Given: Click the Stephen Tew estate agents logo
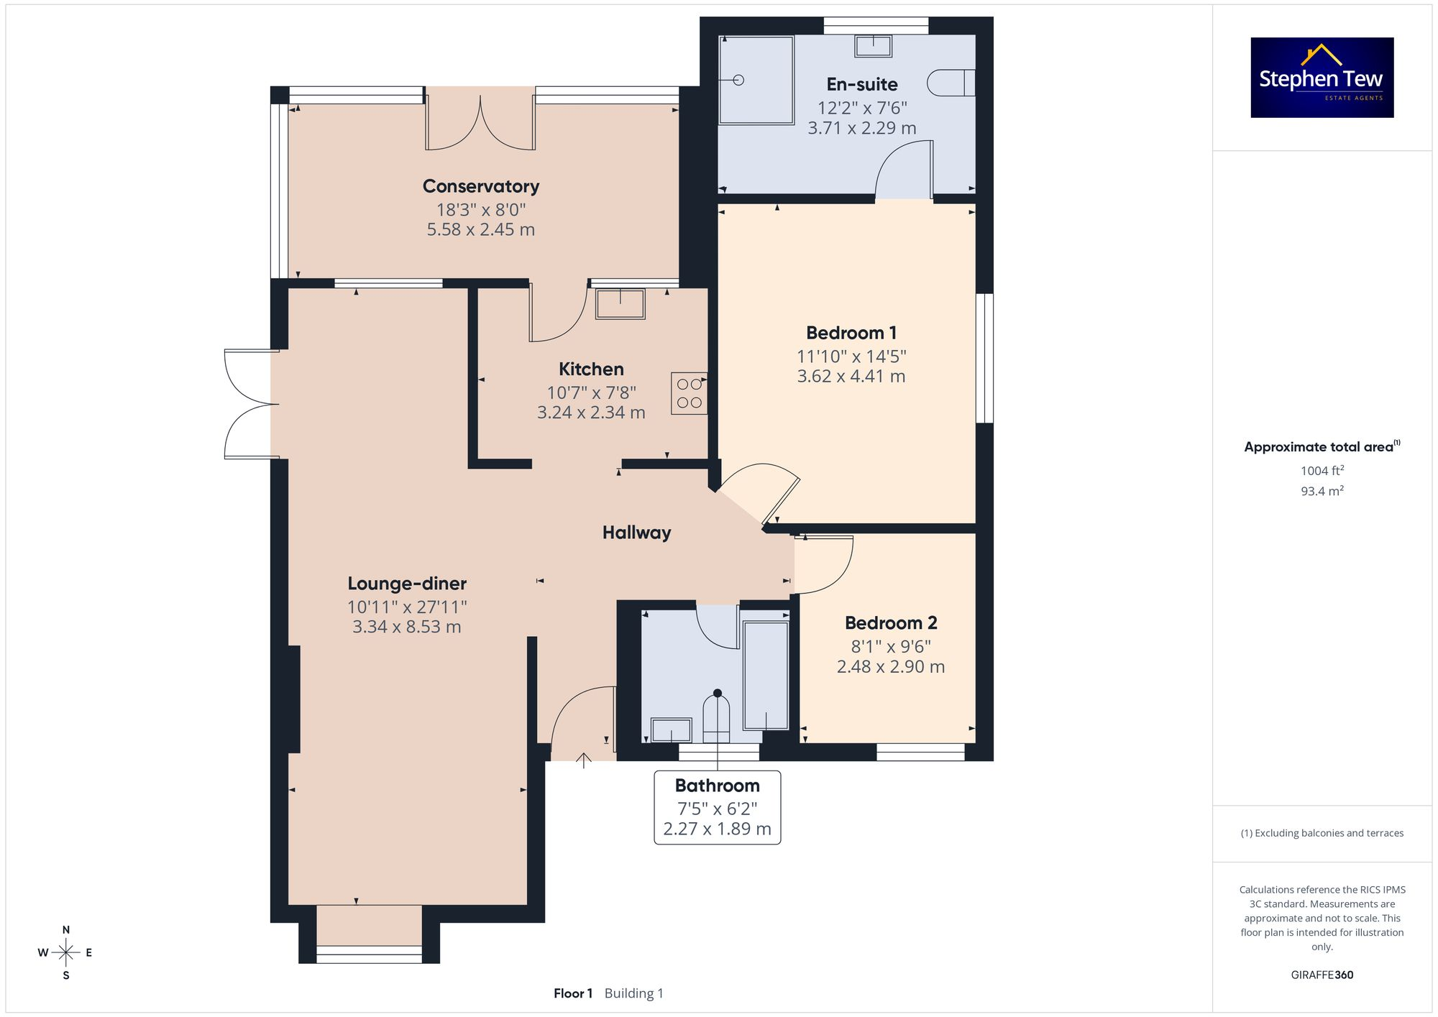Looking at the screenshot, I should click(1322, 78).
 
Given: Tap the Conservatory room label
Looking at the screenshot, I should click(480, 186).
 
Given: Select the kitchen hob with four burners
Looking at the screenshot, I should click(689, 393).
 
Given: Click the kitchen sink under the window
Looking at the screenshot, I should click(620, 303).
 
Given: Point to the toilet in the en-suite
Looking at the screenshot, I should click(951, 83).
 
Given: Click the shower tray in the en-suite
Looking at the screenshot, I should click(756, 80).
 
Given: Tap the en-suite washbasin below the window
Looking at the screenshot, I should click(873, 47).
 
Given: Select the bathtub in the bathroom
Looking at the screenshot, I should click(766, 676).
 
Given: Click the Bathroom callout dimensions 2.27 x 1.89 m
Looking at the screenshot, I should click(717, 829).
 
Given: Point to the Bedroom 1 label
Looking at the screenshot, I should click(851, 333).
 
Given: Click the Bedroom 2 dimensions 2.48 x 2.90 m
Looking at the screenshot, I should click(890, 666).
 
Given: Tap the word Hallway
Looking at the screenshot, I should click(636, 533).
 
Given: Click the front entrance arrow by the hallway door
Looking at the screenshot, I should click(583, 760).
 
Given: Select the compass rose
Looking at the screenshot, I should click(65, 952).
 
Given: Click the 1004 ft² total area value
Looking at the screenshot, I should click(1322, 471).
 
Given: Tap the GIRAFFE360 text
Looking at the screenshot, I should click(1322, 975).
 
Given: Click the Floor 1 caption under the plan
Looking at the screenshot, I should click(572, 993).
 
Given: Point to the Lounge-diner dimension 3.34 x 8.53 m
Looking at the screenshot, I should click(406, 627).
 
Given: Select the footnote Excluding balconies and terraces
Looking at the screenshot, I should click(1322, 833).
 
